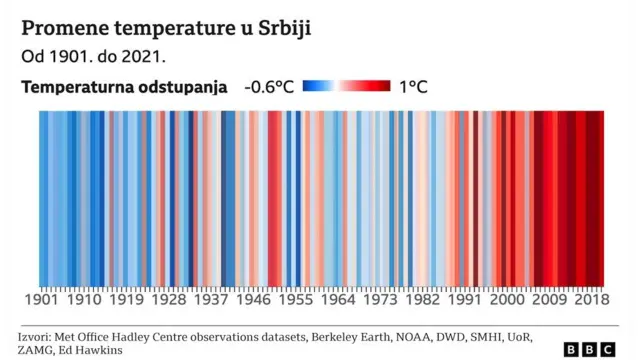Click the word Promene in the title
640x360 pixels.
62,26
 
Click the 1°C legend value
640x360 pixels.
413,87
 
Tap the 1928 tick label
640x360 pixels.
169,299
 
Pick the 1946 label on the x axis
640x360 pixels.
254,299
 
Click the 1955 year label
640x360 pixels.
297,299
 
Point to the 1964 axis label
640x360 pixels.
340,299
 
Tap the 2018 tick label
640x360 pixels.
592,299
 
